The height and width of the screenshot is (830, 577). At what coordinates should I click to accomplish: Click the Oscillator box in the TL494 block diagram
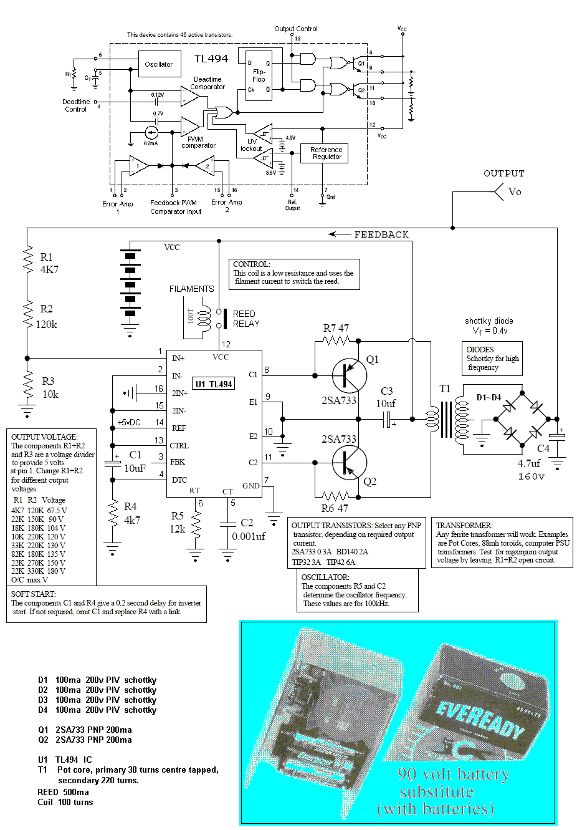pyautogui.click(x=158, y=65)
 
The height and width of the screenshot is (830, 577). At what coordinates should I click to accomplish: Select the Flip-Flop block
pyautogui.click(x=259, y=75)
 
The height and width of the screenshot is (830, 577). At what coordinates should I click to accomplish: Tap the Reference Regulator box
pyautogui.click(x=327, y=153)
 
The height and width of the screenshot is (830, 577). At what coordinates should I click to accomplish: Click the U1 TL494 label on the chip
pyautogui.click(x=214, y=384)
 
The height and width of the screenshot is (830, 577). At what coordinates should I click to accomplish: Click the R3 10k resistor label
pyautogui.click(x=50, y=388)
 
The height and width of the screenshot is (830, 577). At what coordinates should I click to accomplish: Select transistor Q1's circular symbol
pyautogui.click(x=348, y=375)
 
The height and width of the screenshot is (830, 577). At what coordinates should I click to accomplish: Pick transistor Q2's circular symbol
pyautogui.click(x=348, y=463)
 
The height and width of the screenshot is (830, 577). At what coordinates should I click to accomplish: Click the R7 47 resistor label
pyautogui.click(x=336, y=328)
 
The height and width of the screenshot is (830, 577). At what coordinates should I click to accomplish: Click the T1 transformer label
pyautogui.click(x=445, y=389)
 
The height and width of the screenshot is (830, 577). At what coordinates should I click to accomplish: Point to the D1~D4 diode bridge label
pyautogui.click(x=490, y=397)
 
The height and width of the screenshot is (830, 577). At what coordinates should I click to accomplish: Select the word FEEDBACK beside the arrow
pyautogui.click(x=381, y=234)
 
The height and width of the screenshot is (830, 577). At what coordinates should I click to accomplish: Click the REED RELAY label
pyautogui.click(x=246, y=319)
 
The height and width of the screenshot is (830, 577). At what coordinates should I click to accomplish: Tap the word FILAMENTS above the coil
pyautogui.click(x=191, y=289)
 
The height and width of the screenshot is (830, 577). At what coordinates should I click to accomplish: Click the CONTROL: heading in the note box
pyautogui.click(x=251, y=264)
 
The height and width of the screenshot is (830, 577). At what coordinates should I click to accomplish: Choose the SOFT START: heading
pyautogui.click(x=34, y=594)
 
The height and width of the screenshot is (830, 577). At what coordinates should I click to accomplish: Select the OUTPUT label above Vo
pyautogui.click(x=504, y=173)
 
